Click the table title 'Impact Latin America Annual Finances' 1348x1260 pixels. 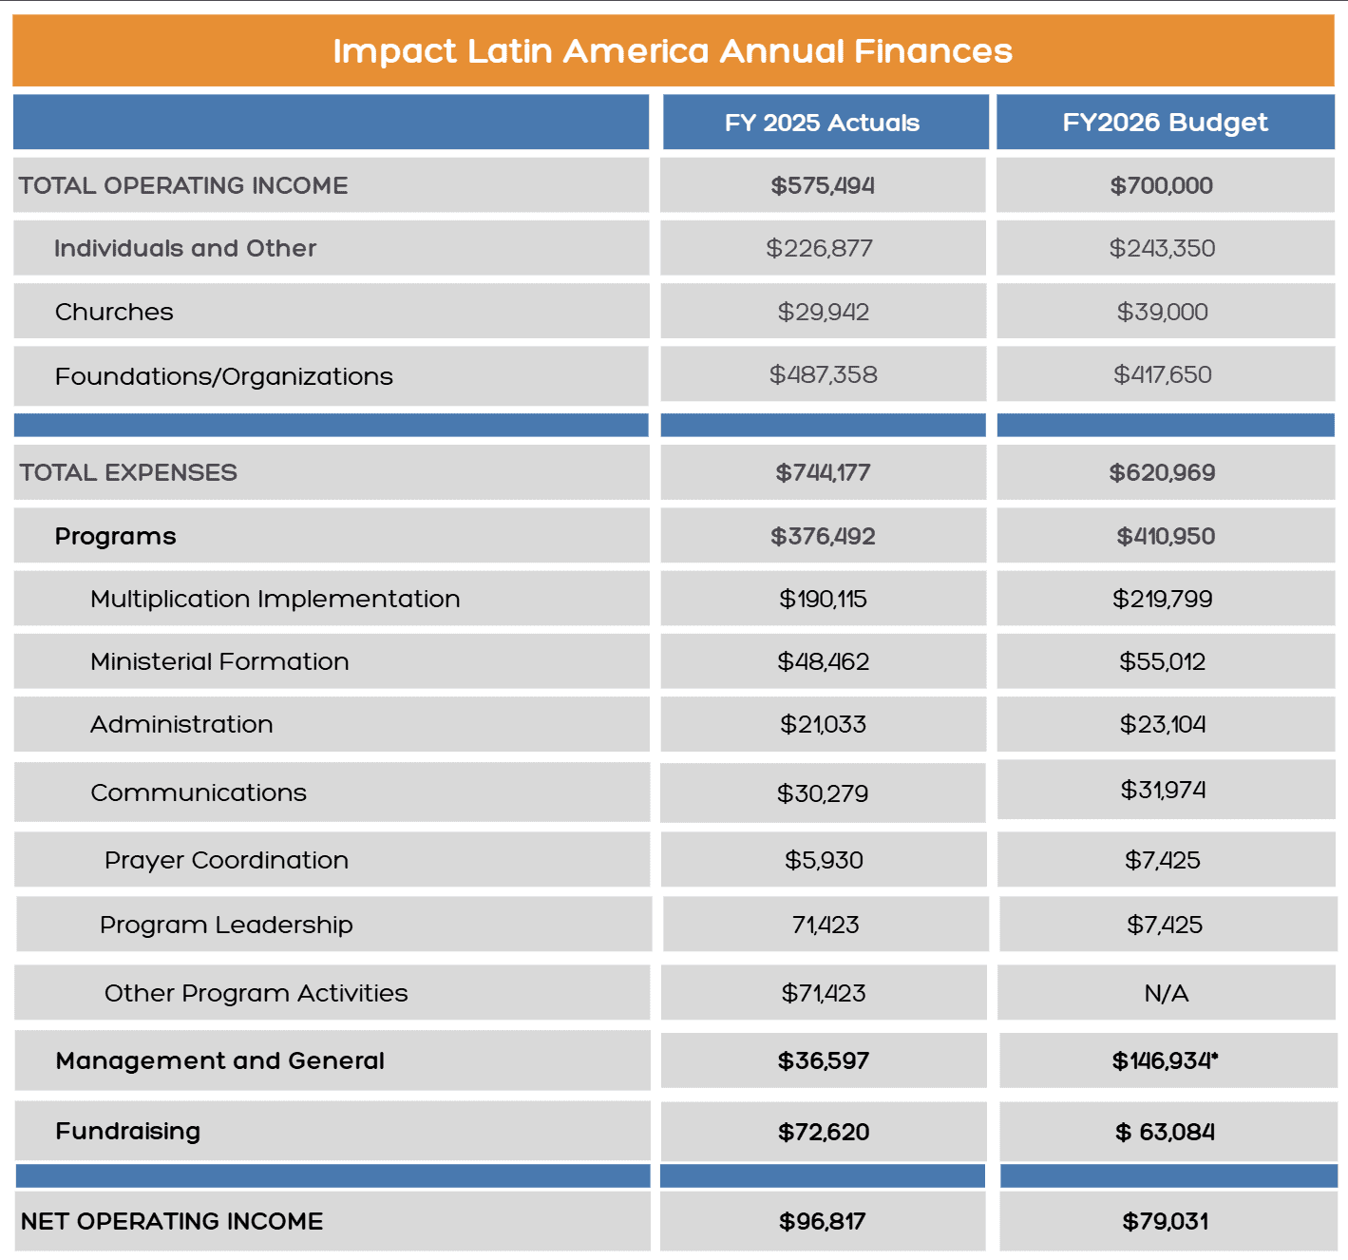tap(672, 51)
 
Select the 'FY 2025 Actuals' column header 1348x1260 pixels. tap(822, 123)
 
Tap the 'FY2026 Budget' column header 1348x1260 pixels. tap(1165, 123)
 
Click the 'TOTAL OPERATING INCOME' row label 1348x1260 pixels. tap(183, 185)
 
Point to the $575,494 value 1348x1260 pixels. tap(823, 185)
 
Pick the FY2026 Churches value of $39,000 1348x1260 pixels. tap(1162, 312)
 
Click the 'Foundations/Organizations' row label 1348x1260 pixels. tap(224, 375)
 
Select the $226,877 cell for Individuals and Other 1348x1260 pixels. tap(819, 248)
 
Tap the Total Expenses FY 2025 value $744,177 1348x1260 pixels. tap(823, 473)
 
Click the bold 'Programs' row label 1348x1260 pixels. tap(115, 536)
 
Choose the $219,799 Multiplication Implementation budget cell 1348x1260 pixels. tap(1162, 599)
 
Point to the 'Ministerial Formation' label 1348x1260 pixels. tap(219, 661)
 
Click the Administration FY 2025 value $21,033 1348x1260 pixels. tap(823, 724)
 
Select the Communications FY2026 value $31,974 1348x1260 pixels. tap(1163, 790)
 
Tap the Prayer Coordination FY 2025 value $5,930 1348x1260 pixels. tap(824, 860)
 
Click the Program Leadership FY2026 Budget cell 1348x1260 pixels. tap(1164, 925)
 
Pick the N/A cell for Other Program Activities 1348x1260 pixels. tap(1167, 993)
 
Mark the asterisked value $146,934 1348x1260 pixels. tap(1165, 1060)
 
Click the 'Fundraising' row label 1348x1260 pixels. tap(128, 1131)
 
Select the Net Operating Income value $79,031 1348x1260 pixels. tap(1165, 1221)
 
